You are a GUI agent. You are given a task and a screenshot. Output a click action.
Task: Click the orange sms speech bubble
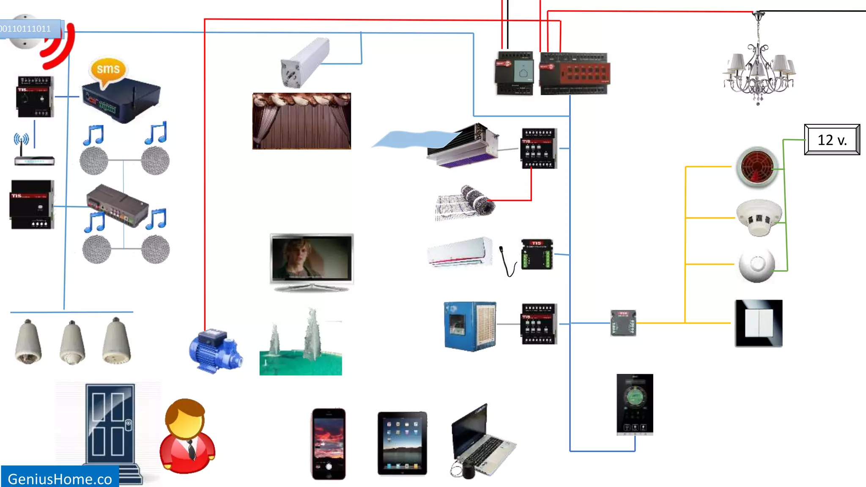pyautogui.click(x=108, y=69)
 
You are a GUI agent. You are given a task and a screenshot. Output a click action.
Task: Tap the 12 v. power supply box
pyautogui.click(x=832, y=140)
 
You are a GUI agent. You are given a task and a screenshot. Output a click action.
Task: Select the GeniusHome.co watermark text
pyautogui.click(x=60, y=479)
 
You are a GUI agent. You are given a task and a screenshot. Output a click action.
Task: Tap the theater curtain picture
pyautogui.click(x=301, y=121)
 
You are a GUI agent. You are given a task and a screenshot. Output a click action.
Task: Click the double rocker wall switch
pyautogui.click(x=759, y=323)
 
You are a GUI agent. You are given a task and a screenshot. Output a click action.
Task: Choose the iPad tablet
pyautogui.click(x=402, y=443)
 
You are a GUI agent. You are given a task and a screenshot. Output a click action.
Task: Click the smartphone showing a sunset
pyautogui.click(x=329, y=443)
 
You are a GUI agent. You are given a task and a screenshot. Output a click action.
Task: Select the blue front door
pyautogui.click(x=110, y=425)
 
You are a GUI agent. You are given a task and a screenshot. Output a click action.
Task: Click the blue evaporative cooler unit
pyautogui.click(x=470, y=326)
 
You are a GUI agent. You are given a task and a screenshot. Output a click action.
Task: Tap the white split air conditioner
pyautogui.click(x=460, y=252)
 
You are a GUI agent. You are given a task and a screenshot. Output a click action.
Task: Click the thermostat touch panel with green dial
pyautogui.click(x=635, y=404)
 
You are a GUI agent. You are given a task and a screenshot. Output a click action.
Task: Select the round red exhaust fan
pyautogui.click(x=757, y=167)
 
